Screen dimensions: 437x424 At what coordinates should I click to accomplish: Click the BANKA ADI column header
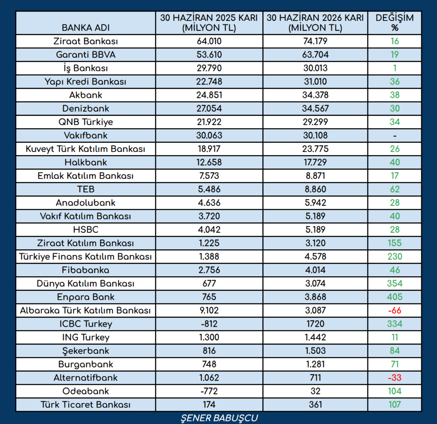[85, 28]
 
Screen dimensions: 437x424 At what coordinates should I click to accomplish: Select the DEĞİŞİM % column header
[394, 23]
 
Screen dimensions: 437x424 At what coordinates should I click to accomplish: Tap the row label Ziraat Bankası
[85, 41]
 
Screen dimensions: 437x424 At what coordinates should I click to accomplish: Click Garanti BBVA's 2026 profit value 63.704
[315, 55]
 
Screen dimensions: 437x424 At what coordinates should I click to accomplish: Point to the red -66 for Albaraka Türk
[394, 310]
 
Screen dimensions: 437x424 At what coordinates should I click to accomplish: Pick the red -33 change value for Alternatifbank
[394, 378]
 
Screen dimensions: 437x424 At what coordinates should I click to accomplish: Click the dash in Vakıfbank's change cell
[395, 136]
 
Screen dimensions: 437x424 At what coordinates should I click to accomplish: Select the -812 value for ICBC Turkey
[209, 324]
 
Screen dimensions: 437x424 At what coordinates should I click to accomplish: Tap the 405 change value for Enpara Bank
[394, 297]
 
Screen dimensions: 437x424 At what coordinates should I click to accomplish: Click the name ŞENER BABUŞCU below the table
[219, 418]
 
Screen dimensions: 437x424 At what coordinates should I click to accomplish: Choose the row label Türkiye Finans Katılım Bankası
[85, 257]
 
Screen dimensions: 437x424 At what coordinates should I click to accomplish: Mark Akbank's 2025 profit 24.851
[209, 95]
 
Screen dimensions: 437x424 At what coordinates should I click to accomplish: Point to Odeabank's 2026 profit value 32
[315, 391]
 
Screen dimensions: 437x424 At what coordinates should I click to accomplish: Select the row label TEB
[85, 189]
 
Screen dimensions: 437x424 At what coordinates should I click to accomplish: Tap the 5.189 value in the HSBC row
[315, 230]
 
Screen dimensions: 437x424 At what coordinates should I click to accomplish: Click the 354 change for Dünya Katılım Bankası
[394, 284]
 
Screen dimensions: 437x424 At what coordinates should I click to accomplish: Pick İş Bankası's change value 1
[394, 68]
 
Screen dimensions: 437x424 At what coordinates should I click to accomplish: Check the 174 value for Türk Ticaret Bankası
[209, 404]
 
